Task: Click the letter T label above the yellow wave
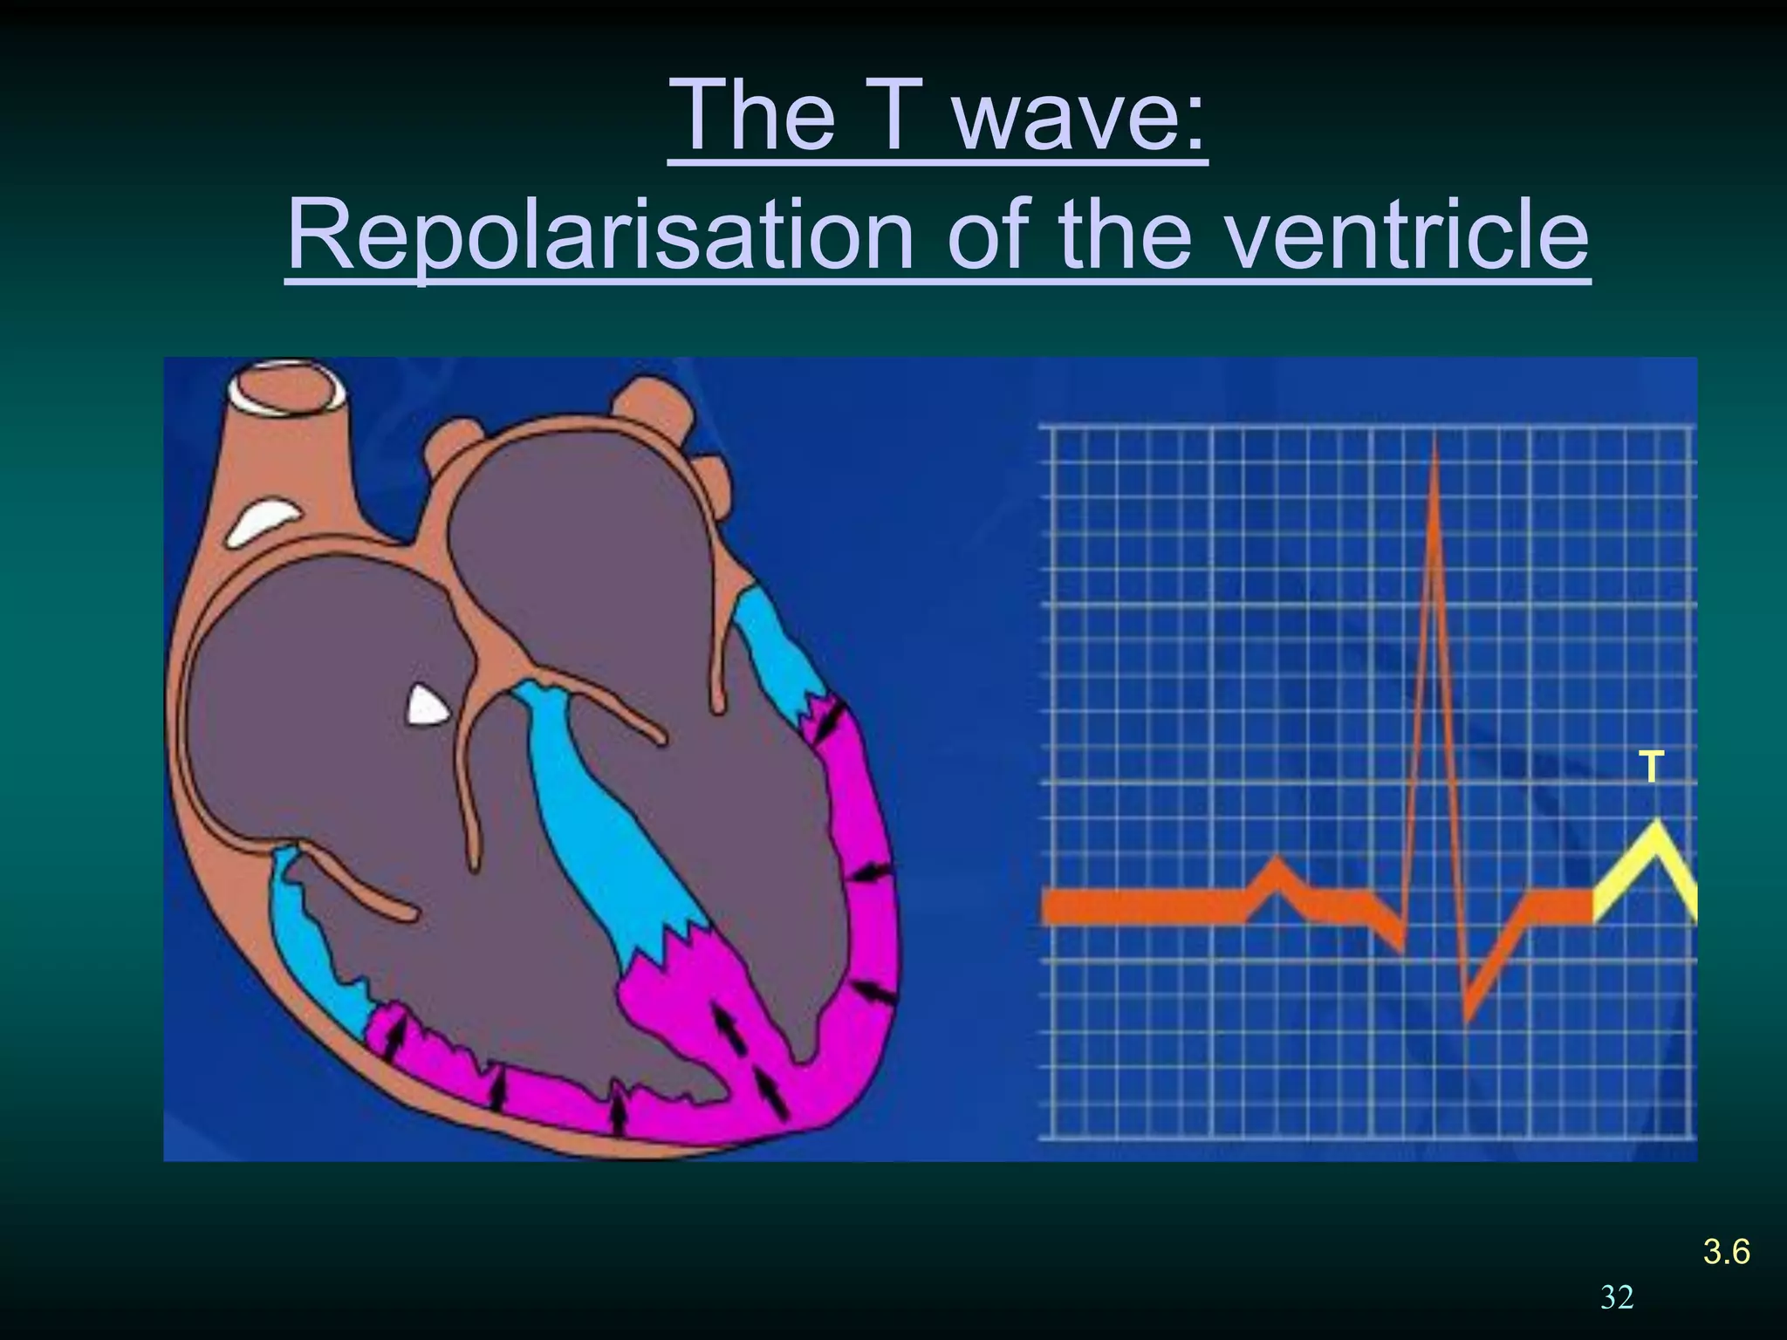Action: point(1650,768)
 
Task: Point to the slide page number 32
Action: point(1617,1297)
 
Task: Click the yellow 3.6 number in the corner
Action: point(1726,1252)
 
